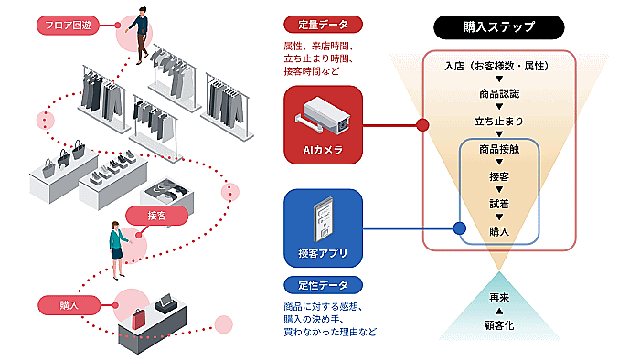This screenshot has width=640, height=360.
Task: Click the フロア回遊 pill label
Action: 68,26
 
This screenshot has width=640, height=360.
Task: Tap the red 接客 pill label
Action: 156,216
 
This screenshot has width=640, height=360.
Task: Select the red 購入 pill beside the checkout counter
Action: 69,305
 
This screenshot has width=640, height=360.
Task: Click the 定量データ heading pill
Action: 323,25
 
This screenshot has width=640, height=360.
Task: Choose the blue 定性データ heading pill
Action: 323,285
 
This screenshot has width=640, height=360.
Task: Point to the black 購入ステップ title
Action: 499,26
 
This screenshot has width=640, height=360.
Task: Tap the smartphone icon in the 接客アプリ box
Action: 323,219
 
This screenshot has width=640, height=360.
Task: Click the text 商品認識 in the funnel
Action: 499,94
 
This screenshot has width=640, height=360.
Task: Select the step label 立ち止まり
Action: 499,122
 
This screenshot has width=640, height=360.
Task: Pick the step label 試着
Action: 499,204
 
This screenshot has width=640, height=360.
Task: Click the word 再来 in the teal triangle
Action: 499,298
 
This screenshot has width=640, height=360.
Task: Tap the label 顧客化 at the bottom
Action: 499,325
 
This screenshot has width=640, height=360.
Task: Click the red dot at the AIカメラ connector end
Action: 422,125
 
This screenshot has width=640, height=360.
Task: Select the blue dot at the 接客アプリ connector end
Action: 460,228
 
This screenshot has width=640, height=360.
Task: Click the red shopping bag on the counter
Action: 138,319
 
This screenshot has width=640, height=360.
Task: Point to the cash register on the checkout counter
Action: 165,304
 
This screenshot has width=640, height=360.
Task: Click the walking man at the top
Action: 139,35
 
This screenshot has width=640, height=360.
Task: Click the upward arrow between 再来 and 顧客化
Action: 499,312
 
